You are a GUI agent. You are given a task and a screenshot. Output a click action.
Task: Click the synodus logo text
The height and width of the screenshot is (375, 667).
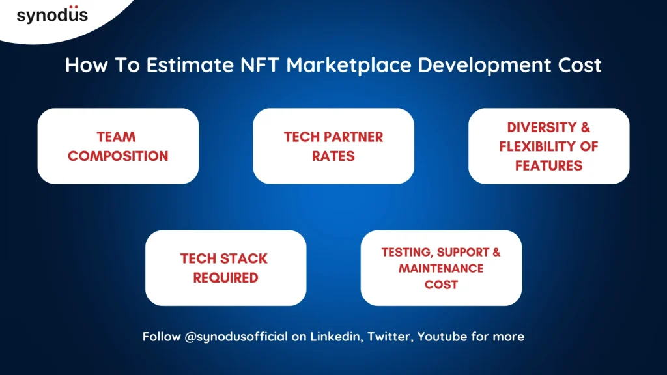point(52,15)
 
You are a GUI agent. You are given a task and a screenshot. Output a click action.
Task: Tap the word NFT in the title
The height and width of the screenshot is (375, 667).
point(260,65)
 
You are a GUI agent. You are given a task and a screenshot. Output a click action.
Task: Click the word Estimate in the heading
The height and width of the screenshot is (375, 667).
point(190,65)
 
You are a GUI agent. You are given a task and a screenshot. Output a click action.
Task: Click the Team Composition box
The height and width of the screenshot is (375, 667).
point(118,146)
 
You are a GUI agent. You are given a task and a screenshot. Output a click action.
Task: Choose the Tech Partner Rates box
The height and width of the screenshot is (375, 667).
point(333,146)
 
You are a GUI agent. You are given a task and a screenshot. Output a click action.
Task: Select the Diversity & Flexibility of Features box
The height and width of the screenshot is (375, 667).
point(548,146)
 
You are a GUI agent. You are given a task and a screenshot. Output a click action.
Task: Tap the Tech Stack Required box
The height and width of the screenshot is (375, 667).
point(225,268)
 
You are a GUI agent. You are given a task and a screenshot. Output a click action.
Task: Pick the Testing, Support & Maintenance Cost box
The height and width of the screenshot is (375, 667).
point(441,268)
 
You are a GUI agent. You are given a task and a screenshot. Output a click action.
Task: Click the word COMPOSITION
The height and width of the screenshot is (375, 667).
point(118,156)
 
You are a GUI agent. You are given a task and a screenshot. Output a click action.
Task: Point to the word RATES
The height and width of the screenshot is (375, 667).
point(333,156)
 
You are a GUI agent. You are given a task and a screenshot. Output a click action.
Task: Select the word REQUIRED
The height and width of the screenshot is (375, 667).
point(225,277)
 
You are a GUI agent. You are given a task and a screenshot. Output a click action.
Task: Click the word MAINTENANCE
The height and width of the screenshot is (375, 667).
point(441,268)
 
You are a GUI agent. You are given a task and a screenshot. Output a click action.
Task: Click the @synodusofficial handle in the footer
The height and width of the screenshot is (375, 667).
point(236,337)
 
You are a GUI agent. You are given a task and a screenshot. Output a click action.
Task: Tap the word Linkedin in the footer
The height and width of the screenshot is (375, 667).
point(336,337)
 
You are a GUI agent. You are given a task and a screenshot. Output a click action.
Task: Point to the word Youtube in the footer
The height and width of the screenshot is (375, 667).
point(442,337)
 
